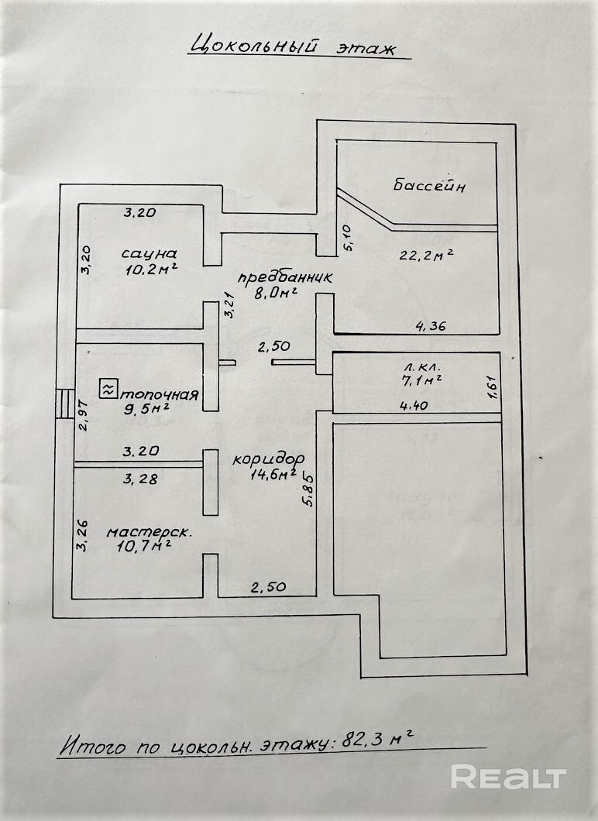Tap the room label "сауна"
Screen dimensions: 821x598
pyautogui.click(x=149, y=253)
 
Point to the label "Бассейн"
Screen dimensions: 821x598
pyautogui.click(x=429, y=186)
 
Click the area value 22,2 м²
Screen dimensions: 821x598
pyautogui.click(x=426, y=255)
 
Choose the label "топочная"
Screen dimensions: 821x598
pyautogui.click(x=161, y=393)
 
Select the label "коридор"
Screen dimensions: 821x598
pyautogui.click(x=268, y=458)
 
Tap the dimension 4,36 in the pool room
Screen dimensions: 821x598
pyautogui.click(x=431, y=326)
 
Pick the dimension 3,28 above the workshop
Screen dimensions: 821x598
pyautogui.click(x=140, y=479)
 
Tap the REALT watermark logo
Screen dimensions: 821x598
pyautogui.click(x=509, y=777)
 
